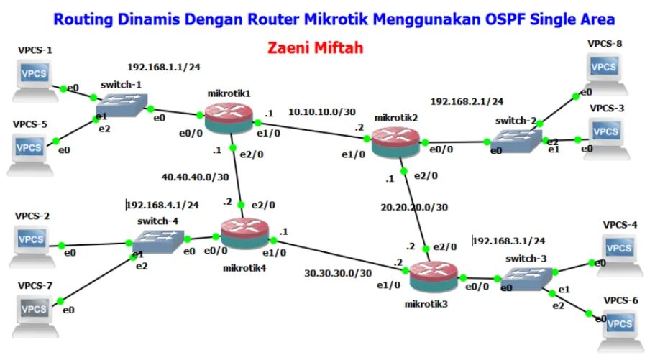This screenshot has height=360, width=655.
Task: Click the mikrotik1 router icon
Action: pos(229,116)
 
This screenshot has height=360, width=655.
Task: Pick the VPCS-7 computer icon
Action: pos(33,310)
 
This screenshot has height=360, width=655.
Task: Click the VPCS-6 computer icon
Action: pos(619,326)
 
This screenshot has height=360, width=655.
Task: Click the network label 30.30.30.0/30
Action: pos(338,273)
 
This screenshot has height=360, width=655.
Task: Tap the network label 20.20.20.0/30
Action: pos(414,207)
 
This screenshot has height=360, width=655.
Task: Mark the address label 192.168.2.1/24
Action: pos(467,101)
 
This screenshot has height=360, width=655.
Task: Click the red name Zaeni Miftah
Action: pos(315,48)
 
